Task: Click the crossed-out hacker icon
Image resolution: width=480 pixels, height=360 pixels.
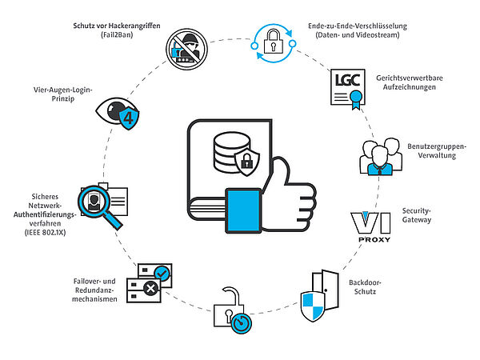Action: pyautogui.click(x=186, y=49)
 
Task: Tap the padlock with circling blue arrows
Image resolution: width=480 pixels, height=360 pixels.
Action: pyautogui.click(x=273, y=43)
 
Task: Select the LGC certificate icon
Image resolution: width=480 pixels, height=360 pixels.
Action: pyautogui.click(x=348, y=89)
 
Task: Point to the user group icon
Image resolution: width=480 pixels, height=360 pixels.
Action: pyautogui.click(x=381, y=157)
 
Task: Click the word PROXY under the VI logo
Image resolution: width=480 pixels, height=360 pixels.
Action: pyautogui.click(x=374, y=240)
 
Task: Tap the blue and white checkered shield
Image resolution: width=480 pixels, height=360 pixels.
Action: pyautogui.click(x=313, y=306)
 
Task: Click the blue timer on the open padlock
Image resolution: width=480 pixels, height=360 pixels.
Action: pyautogui.click(x=242, y=323)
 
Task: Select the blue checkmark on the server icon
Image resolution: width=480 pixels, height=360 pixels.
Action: pyautogui.click(x=162, y=273)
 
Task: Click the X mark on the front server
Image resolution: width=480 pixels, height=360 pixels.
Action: pyautogui.click(x=150, y=288)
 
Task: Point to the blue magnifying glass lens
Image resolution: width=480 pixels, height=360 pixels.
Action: pyautogui.click(x=94, y=202)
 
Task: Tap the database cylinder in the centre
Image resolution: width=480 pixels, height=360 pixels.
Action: pyautogui.click(x=232, y=152)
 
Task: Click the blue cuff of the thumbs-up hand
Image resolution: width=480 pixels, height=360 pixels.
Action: pyautogui.click(x=244, y=210)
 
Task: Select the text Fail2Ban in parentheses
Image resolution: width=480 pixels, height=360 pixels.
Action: pyautogui.click(x=117, y=35)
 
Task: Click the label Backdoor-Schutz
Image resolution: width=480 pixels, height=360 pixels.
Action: pyautogui.click(x=365, y=287)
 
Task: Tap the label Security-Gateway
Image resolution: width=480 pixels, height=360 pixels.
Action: pyautogui.click(x=417, y=215)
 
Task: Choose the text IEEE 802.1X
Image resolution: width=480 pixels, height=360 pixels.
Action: pyautogui.click(x=45, y=233)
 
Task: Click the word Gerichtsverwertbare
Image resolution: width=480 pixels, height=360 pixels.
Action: pyautogui.click(x=410, y=78)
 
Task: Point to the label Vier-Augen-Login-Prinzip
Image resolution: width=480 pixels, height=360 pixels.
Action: pyautogui.click(x=62, y=94)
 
